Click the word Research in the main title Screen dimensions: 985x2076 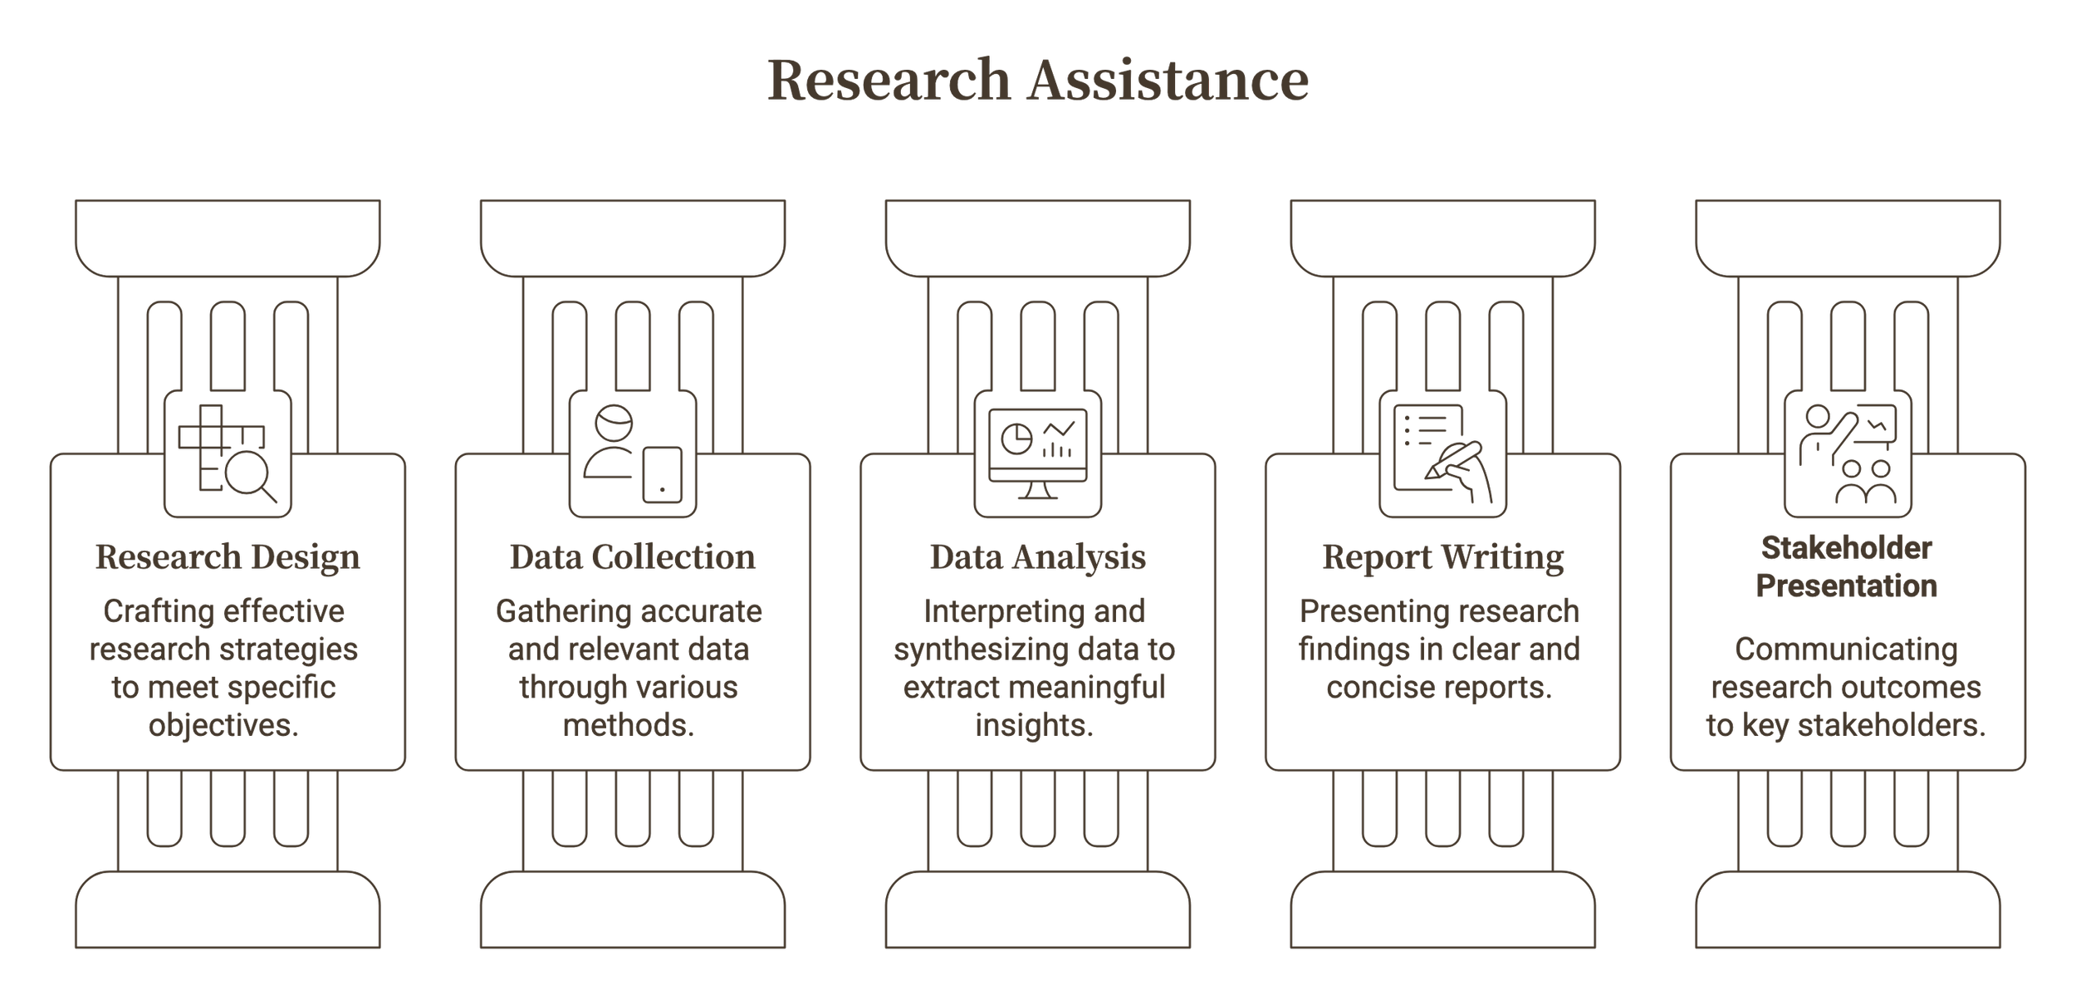888,81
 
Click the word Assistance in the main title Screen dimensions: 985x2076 1168,81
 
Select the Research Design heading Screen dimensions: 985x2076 228,557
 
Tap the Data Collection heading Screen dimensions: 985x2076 633,557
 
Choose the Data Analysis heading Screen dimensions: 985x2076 1037,557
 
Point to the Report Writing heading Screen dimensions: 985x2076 1442,557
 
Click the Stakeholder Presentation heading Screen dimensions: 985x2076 1847,567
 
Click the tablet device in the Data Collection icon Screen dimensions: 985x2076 662,475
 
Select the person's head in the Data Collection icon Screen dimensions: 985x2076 614,422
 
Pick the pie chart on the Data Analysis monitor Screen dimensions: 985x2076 1016,438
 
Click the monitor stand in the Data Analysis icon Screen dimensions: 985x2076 1037,491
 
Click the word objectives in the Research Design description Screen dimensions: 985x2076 223,725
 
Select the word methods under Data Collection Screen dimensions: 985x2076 628,725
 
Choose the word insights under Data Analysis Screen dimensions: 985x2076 1034,725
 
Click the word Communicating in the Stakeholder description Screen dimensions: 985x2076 1846,649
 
